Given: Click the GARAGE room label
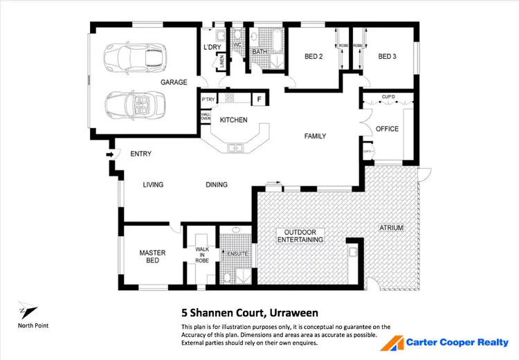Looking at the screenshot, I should pyautogui.click(x=174, y=82).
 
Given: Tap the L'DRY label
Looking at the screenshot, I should pyautogui.click(x=211, y=47).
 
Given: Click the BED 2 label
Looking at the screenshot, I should pyautogui.click(x=315, y=56).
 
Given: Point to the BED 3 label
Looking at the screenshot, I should pyautogui.click(x=388, y=56).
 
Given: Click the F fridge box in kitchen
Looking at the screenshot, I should pyautogui.click(x=259, y=99).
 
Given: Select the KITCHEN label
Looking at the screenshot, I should pyautogui.click(x=233, y=120).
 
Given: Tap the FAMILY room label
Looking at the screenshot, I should pyautogui.click(x=315, y=136).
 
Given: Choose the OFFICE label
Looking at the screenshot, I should pyautogui.click(x=387, y=129).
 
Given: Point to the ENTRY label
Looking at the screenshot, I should pyautogui.click(x=140, y=154).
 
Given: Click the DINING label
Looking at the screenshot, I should pyautogui.click(x=216, y=185).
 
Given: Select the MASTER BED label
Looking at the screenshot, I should pyautogui.click(x=152, y=257).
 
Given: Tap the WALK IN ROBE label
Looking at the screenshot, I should pyautogui.click(x=202, y=254).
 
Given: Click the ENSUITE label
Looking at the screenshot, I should pyautogui.click(x=237, y=253).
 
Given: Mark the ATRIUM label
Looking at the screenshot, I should pyautogui.click(x=391, y=228).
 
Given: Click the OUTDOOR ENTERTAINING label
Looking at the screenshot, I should pyautogui.click(x=300, y=235).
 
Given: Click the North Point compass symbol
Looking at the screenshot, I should pyautogui.click(x=28, y=312).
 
